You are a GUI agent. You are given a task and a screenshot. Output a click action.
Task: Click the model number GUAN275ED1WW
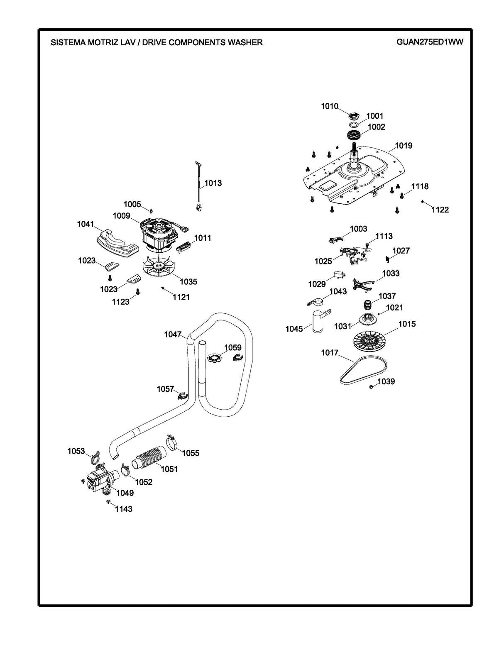[x=430, y=42]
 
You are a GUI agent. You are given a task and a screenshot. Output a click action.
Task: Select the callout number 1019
[x=403, y=146]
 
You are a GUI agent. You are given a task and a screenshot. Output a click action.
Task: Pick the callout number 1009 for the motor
[x=121, y=216]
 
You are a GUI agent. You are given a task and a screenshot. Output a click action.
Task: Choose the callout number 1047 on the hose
[x=173, y=334]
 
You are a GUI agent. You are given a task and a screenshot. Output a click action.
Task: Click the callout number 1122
[x=440, y=210]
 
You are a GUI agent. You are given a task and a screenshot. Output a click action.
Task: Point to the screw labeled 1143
[x=108, y=502]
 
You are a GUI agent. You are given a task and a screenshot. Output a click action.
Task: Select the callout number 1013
[x=213, y=183]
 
